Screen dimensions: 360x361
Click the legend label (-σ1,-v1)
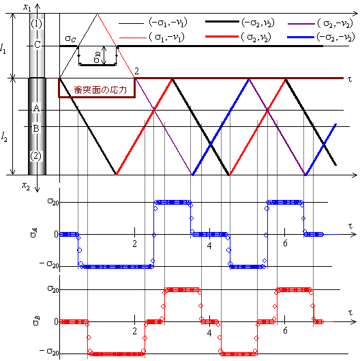click(x=168, y=23)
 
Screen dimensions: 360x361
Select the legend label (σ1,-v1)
click(x=167, y=37)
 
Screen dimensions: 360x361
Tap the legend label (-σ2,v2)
click(x=258, y=23)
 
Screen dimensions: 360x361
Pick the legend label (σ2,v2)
click(x=256, y=37)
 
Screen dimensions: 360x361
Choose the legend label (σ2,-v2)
click(x=335, y=23)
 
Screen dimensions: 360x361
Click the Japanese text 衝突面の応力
click(x=100, y=89)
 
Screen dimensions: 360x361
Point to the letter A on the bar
click(x=36, y=108)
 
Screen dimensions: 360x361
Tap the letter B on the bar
click(x=36, y=128)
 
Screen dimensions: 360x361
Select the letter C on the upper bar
click(x=37, y=44)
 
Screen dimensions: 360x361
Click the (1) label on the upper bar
click(x=36, y=24)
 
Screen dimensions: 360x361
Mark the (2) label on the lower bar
click(x=35, y=156)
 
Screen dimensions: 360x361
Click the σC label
click(x=70, y=38)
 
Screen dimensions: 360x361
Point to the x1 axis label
click(x=27, y=7)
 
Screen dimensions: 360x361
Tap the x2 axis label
click(x=26, y=186)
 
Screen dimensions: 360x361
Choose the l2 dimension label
click(x=4, y=136)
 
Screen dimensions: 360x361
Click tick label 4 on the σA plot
click(x=209, y=246)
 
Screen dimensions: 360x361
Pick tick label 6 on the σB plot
click(x=285, y=330)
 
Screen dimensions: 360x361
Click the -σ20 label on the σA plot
click(x=49, y=264)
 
